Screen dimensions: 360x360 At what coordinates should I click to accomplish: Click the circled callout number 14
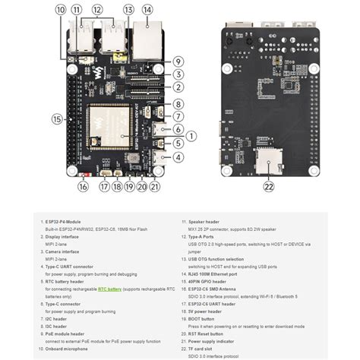pyautogui.click(x=147, y=10)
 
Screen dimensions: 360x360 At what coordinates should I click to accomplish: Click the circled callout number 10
pyautogui.click(x=60, y=10)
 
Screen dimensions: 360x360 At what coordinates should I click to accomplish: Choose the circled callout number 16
pyautogui.click(x=84, y=186)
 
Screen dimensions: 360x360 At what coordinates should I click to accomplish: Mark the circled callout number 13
pyautogui.click(x=128, y=10)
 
